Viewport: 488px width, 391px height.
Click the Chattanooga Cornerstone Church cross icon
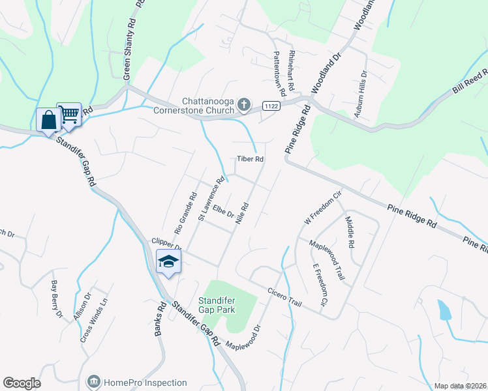click(x=243, y=104)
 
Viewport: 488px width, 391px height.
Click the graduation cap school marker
click(x=168, y=262)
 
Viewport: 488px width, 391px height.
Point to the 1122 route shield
click(x=272, y=106)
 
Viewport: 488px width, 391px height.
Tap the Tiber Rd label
click(x=250, y=159)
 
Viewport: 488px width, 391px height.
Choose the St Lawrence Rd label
click(x=212, y=198)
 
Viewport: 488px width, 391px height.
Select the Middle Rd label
click(x=350, y=232)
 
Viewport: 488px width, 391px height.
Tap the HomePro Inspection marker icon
click(x=93, y=381)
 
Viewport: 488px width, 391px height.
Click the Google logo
click(x=22, y=383)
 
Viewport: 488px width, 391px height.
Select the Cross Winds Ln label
click(x=88, y=325)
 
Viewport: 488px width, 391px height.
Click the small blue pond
click(x=445, y=310)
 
